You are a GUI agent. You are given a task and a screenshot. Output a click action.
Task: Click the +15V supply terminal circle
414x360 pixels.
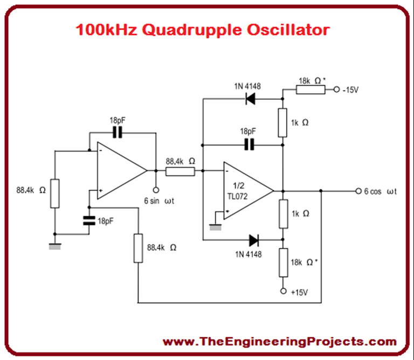coord(283,291)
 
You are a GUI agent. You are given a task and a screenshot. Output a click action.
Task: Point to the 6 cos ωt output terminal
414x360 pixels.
coord(358,191)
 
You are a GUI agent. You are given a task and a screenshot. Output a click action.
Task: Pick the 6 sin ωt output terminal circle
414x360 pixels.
coord(156,190)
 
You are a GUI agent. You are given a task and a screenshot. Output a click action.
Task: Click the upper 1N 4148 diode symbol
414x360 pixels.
coord(250,99)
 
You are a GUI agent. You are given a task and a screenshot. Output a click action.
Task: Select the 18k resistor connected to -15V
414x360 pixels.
coord(311,89)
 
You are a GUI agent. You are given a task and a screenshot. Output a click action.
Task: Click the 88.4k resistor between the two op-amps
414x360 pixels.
coord(180,171)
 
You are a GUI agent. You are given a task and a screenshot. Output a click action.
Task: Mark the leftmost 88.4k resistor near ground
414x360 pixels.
coord(55,192)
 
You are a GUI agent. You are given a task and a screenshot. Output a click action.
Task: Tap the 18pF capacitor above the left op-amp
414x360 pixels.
coord(118,132)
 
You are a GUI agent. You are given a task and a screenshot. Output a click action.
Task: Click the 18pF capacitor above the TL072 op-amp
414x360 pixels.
coord(249,144)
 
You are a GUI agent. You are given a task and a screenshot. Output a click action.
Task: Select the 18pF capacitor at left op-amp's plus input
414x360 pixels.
coord(88,220)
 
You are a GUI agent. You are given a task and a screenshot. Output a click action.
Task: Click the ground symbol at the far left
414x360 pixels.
coord(54,245)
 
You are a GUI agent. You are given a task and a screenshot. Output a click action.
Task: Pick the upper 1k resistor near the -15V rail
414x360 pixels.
coord(283,122)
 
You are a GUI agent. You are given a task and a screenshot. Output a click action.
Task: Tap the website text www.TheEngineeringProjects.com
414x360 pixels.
coord(279,341)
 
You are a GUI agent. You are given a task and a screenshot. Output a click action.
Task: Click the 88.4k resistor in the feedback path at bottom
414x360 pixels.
coord(139,248)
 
